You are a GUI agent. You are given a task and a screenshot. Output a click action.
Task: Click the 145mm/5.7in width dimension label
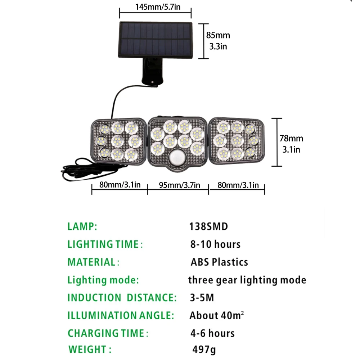[x=158, y=7]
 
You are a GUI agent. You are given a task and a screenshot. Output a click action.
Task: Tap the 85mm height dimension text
[x=218, y=35]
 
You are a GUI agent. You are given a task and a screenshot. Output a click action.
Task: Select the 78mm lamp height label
[x=291, y=138]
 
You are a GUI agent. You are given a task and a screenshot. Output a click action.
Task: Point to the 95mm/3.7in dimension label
[x=179, y=185]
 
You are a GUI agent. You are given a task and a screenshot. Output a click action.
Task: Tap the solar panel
[x=156, y=40]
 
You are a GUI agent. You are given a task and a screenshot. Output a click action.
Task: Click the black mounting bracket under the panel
[x=152, y=71]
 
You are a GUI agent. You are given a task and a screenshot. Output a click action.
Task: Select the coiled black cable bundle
[x=92, y=170]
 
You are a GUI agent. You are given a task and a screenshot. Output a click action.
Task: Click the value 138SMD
[x=208, y=226]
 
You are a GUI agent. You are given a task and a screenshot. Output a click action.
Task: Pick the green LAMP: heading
[x=82, y=226]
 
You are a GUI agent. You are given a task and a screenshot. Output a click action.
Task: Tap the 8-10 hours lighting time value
[x=215, y=244]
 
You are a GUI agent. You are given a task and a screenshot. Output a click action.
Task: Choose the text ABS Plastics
[x=219, y=262]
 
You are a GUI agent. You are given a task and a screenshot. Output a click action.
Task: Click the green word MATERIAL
[x=91, y=262]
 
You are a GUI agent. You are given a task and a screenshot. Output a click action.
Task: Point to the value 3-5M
[x=202, y=298]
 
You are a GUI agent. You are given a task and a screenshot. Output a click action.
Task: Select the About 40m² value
[x=216, y=315]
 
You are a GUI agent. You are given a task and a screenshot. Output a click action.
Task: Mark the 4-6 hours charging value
[x=212, y=333]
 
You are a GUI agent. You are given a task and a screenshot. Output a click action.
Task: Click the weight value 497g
[x=204, y=350]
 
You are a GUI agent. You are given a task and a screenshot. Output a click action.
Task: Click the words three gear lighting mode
[x=247, y=280]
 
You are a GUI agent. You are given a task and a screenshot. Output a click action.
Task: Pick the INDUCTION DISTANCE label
[x=122, y=298]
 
